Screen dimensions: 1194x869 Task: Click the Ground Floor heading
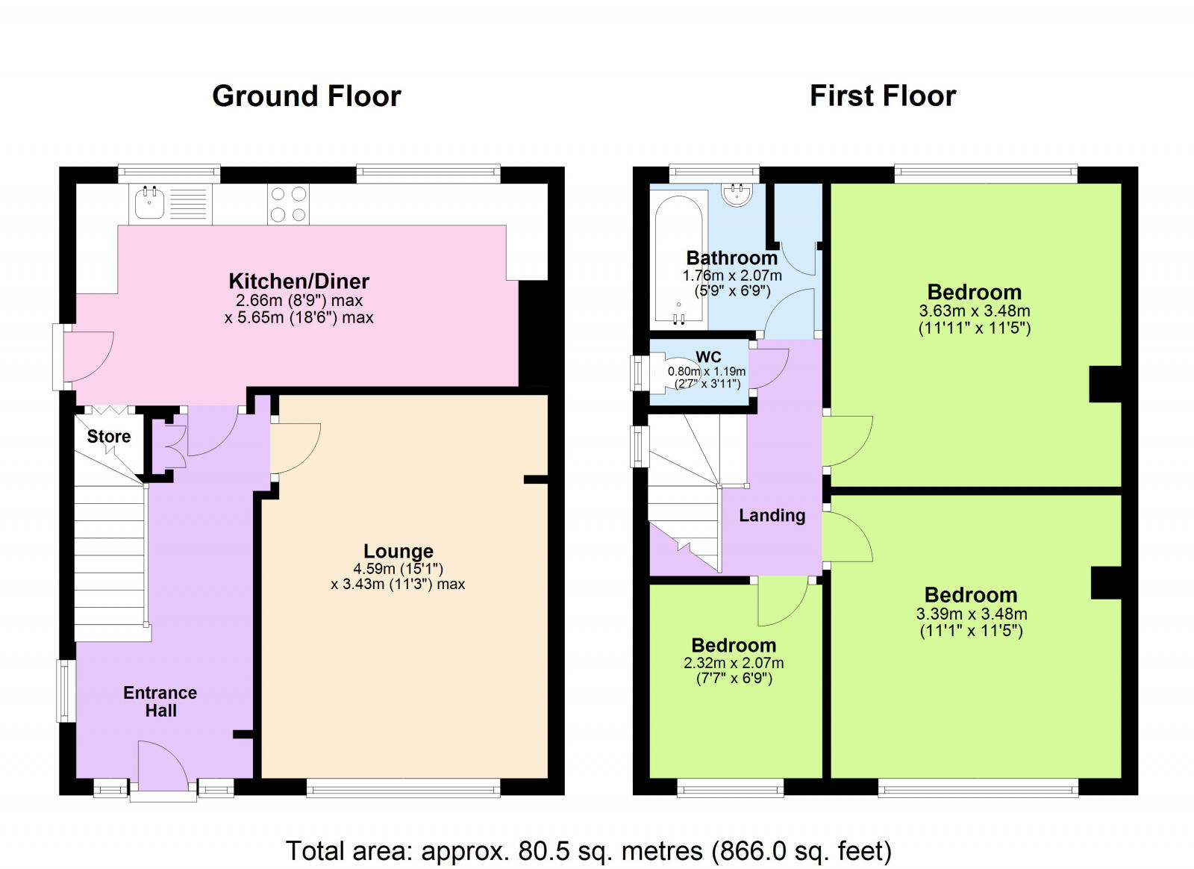click(x=307, y=96)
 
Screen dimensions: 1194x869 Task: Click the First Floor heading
click(x=883, y=96)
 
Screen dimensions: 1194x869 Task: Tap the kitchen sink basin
click(x=149, y=203)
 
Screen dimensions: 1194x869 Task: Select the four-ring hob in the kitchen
click(x=288, y=203)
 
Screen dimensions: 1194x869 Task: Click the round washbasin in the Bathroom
click(x=738, y=195)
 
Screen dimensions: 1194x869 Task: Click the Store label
click(x=109, y=436)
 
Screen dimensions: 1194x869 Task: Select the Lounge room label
click(x=398, y=551)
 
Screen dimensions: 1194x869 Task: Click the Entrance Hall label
click(x=160, y=702)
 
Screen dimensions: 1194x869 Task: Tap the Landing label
click(x=772, y=516)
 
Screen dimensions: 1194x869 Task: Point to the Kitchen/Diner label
click(x=299, y=281)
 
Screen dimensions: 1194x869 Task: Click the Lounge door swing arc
click(x=296, y=448)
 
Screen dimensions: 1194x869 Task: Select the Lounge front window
click(x=404, y=787)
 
